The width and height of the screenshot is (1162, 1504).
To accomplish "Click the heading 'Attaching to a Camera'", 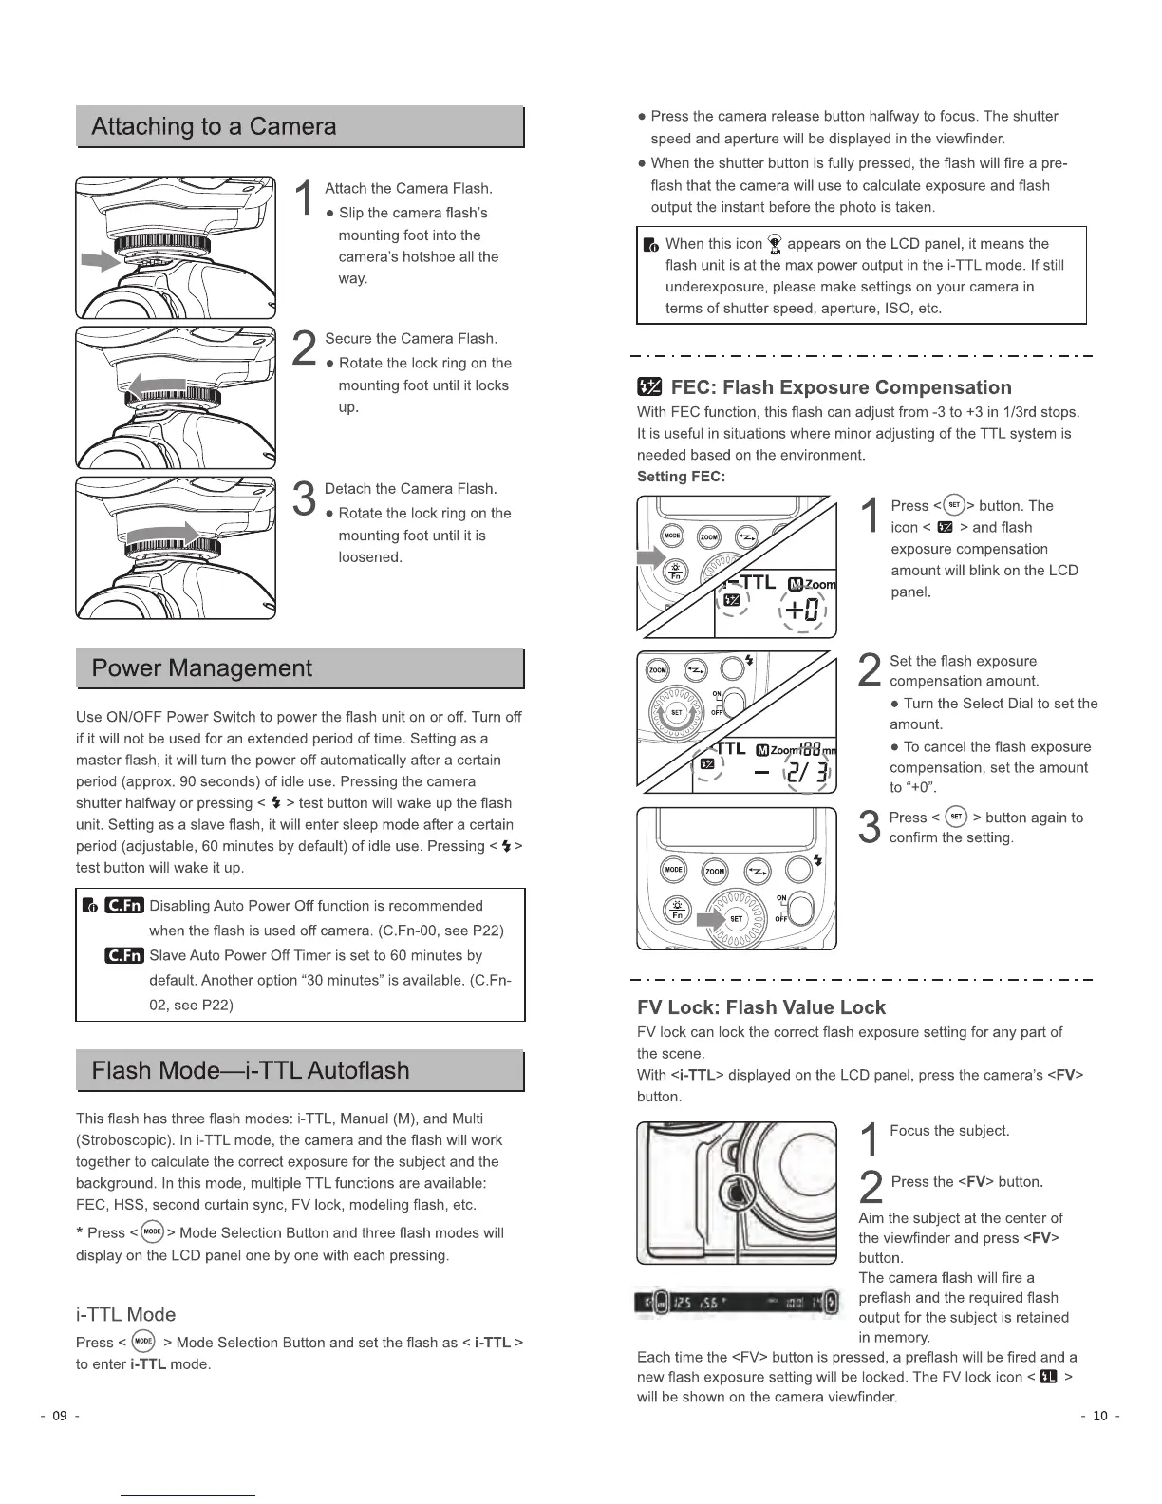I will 214,127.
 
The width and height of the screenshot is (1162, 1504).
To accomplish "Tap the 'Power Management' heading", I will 201,668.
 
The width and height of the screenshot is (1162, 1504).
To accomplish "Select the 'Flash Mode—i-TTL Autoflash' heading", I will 251,1071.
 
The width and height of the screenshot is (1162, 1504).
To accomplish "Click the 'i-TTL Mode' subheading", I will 125,1315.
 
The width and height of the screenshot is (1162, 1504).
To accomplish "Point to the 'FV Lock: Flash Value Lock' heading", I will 761,1007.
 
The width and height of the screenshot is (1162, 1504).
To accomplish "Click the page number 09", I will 59,1417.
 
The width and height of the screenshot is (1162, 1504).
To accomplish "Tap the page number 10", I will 1100,1417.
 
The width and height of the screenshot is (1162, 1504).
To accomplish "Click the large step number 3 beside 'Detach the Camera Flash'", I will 304,500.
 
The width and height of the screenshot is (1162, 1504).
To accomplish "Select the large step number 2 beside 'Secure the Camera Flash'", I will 304,349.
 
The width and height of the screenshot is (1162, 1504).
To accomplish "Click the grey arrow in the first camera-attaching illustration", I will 100,259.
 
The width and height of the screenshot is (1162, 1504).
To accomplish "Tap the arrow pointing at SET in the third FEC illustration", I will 711,919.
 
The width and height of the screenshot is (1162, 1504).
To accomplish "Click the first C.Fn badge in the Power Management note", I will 123,906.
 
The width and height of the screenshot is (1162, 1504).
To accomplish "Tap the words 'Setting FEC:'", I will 681,477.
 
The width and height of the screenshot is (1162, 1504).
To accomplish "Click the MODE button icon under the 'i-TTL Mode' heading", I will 143,1342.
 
